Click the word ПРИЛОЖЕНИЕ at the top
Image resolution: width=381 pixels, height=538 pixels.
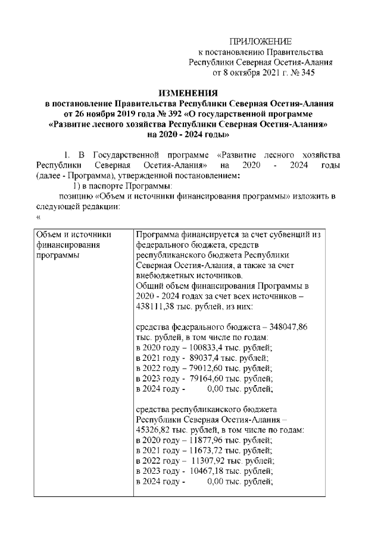coord(261,42)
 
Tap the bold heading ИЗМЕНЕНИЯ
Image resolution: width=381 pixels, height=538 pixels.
coord(190,93)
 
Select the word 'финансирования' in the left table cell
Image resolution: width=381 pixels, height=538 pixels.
coord(67,245)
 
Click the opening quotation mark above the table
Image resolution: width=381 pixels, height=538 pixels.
coord(38,218)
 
